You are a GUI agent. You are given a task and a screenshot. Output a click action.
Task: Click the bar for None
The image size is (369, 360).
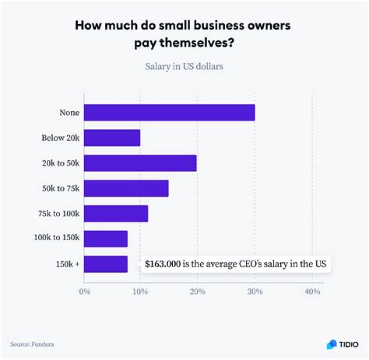pyautogui.click(x=169, y=113)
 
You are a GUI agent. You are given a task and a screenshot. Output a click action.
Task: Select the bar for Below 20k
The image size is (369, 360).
pyautogui.click(x=112, y=138)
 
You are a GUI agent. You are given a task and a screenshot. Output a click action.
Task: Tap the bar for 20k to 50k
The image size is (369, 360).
pyautogui.click(x=140, y=163)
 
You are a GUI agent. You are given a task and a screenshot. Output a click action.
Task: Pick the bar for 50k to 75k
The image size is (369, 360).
pyautogui.click(x=126, y=188)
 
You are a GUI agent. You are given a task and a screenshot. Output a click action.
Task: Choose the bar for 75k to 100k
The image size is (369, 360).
pyautogui.click(x=116, y=214)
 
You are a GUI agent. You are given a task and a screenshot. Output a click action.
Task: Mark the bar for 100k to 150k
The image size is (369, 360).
pyautogui.click(x=106, y=239)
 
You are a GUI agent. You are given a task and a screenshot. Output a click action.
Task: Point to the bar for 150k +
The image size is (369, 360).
pyautogui.click(x=106, y=264)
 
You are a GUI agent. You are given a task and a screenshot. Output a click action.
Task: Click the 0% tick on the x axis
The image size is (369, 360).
pyautogui.click(x=84, y=291)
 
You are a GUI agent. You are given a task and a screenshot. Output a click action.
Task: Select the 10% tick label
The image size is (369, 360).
pyautogui.click(x=140, y=291)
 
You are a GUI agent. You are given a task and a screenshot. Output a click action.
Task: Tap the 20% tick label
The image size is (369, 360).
pyautogui.click(x=197, y=291)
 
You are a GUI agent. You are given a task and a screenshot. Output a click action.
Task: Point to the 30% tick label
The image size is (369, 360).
pyautogui.click(x=255, y=291)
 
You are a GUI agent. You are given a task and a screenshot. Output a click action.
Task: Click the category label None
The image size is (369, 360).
pyautogui.click(x=69, y=113)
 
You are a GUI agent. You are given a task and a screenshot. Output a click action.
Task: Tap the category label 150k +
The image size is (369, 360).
pyautogui.click(x=67, y=264)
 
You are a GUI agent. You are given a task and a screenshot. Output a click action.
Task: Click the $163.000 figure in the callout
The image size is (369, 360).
pyautogui.click(x=162, y=264)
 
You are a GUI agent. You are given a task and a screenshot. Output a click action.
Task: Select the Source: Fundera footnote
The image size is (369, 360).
pyautogui.click(x=32, y=344)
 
